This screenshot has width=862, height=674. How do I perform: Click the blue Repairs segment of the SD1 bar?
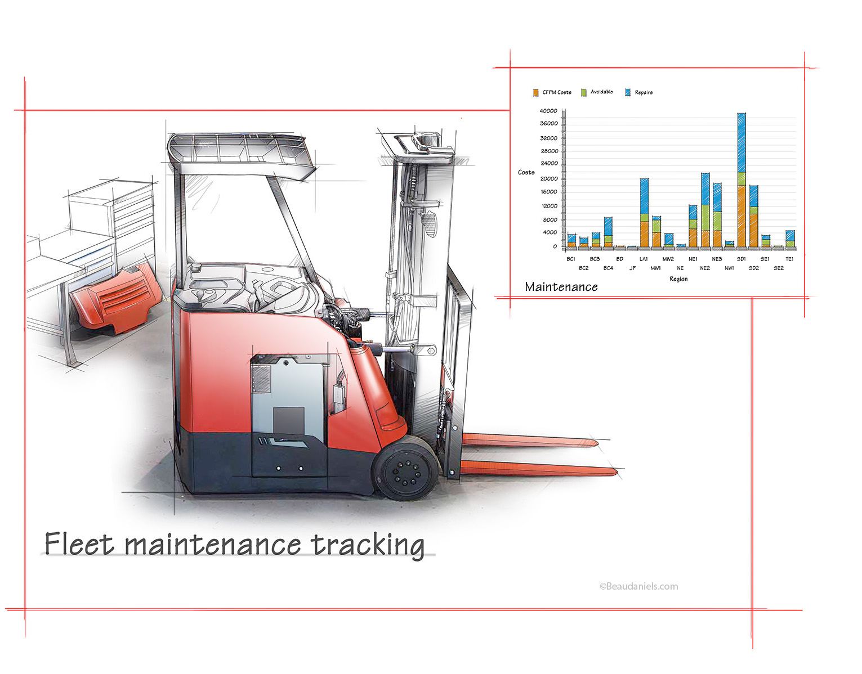(x=741, y=143)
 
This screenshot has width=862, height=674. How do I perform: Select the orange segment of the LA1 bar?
(x=644, y=234)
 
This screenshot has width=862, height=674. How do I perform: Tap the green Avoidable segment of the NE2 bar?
(x=705, y=218)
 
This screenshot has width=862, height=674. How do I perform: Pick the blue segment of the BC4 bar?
(x=608, y=226)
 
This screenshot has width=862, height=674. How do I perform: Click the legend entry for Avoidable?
(x=597, y=92)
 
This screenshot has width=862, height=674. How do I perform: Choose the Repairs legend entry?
(x=638, y=92)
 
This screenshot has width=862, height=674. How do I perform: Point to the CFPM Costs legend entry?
(x=552, y=92)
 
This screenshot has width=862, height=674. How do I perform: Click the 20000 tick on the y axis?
(x=549, y=179)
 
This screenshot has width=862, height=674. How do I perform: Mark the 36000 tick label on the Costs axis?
(x=549, y=124)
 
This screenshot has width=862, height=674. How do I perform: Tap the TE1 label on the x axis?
(x=789, y=259)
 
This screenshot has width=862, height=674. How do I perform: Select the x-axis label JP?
(x=632, y=268)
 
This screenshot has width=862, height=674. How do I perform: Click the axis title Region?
(x=678, y=279)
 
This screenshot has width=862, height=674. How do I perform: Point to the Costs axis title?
(x=526, y=172)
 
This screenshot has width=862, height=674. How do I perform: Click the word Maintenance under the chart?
(x=561, y=287)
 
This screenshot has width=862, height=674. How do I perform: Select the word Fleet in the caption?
(x=79, y=543)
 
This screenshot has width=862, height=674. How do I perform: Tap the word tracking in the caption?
(x=368, y=546)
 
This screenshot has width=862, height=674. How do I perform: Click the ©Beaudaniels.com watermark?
(x=638, y=586)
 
